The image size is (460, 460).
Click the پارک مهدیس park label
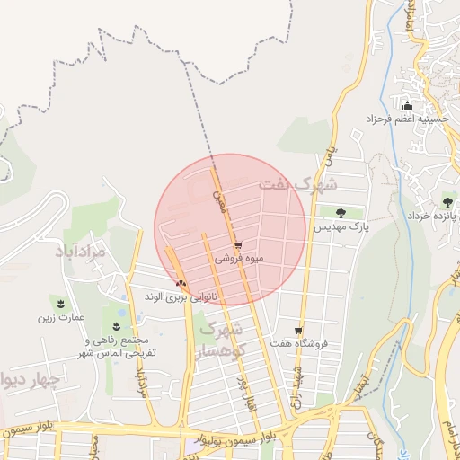click(341, 228)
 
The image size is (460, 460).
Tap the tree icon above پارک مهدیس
click(341, 213)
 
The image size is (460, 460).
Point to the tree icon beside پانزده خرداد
click(447, 201)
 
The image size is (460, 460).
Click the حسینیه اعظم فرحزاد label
click(407, 119)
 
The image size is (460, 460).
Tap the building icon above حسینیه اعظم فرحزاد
click(407, 105)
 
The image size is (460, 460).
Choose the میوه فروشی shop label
click(237, 258)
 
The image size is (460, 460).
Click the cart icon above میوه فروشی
click(237, 244)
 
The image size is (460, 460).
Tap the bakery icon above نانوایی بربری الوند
click(181, 282)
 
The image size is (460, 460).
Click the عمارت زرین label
click(60, 317)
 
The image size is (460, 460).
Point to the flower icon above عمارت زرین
click(60, 303)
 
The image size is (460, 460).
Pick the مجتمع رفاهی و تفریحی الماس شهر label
click(120, 347)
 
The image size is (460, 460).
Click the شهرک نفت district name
click(297, 184)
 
